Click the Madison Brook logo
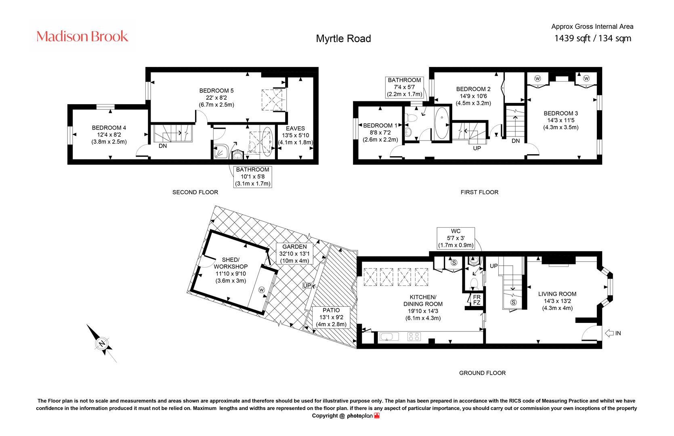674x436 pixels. pyautogui.click(x=82, y=36)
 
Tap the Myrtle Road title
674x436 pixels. pyautogui.click(x=343, y=38)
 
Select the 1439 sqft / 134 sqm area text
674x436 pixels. pyautogui.click(x=592, y=38)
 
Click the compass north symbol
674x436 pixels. pyautogui.click(x=102, y=343)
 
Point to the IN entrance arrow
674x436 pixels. pyautogui.click(x=609, y=333)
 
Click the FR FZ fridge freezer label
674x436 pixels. pyautogui.click(x=477, y=300)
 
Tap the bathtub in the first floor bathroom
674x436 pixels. pyautogui.click(x=441, y=123)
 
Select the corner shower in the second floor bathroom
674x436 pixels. pyautogui.click(x=221, y=152)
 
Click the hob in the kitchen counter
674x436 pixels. pyautogui.click(x=414, y=336)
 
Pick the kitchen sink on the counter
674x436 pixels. pyautogui.click(x=389, y=336)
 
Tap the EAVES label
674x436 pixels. pyautogui.click(x=295, y=128)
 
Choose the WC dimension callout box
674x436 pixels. pyautogui.click(x=456, y=238)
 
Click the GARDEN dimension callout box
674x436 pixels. pyautogui.click(x=294, y=254)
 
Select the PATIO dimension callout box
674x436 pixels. pyautogui.click(x=331, y=317)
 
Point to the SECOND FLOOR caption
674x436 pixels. pyautogui.click(x=195, y=192)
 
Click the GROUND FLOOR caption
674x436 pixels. pyautogui.click(x=482, y=373)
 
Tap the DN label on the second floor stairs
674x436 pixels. pyautogui.click(x=163, y=146)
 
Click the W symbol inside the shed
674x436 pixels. pyautogui.click(x=261, y=290)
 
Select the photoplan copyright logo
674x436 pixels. pyautogui.click(x=363, y=416)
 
